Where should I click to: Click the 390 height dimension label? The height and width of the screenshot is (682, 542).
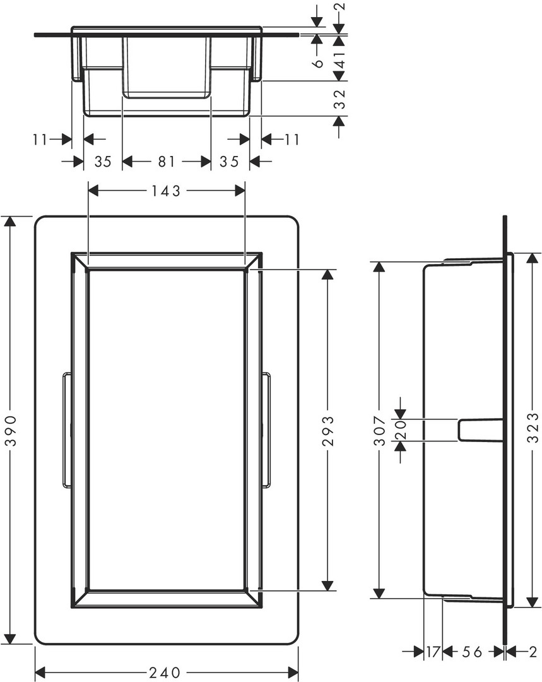[11, 431]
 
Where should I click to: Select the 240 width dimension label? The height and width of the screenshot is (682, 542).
[165, 673]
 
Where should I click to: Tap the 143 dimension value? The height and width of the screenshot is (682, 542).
[165, 191]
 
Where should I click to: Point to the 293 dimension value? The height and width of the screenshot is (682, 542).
[329, 431]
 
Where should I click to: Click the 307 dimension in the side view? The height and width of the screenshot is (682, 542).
[380, 431]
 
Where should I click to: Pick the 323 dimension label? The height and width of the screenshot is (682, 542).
[533, 428]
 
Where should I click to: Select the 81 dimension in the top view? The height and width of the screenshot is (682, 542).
[167, 162]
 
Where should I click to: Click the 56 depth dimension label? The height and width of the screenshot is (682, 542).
[471, 652]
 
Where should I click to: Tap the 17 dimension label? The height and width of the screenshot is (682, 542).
[433, 652]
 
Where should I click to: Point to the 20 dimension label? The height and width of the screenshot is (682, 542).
[401, 430]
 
